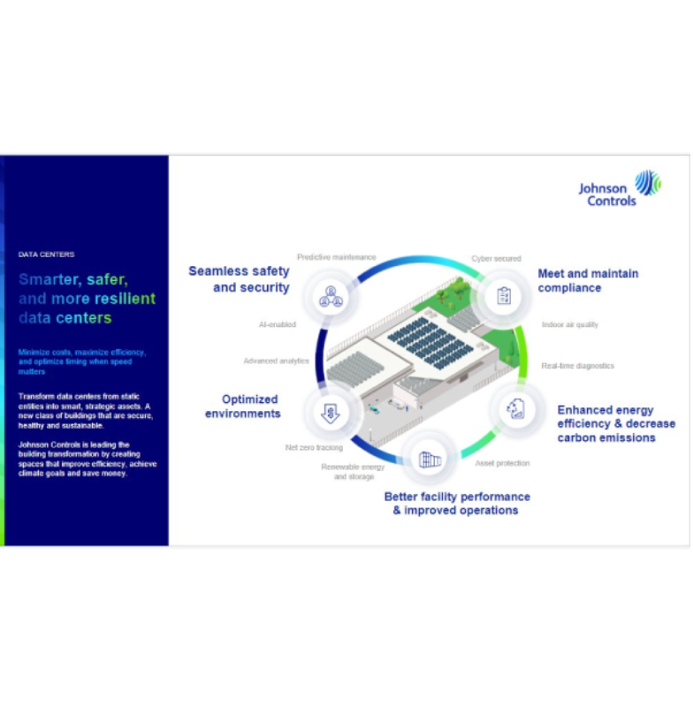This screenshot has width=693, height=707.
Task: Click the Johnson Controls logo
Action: (619, 187)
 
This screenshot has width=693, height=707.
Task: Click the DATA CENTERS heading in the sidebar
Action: (46, 255)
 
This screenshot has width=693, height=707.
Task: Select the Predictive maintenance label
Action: (336, 257)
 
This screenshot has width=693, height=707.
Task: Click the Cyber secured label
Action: (496, 259)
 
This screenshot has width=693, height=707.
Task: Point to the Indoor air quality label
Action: (569, 325)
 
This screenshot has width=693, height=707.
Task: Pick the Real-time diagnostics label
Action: (577, 366)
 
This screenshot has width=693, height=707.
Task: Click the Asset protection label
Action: (502, 463)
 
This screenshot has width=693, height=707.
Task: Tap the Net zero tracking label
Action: (314, 448)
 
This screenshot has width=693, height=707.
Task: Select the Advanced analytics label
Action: (276, 361)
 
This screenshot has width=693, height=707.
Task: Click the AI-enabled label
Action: (277, 325)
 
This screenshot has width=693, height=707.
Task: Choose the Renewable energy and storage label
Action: (353, 472)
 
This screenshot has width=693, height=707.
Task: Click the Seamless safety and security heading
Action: (239, 279)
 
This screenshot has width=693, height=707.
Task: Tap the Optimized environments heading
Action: (243, 407)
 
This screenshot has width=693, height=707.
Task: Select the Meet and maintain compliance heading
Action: (588, 281)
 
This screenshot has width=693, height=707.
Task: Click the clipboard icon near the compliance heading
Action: (504, 295)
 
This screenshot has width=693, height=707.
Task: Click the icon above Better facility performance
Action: (430, 459)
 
